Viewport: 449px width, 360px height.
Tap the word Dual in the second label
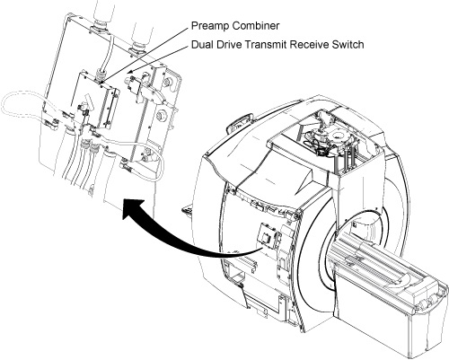[x=202, y=45]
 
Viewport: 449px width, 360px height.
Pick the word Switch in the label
[x=348, y=45]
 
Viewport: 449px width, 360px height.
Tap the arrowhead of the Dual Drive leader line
[x=129, y=72]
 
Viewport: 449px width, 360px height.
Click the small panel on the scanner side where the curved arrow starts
[x=266, y=236]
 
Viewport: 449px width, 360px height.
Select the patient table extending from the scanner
[x=389, y=287]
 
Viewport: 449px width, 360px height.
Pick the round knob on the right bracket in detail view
[x=162, y=115]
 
